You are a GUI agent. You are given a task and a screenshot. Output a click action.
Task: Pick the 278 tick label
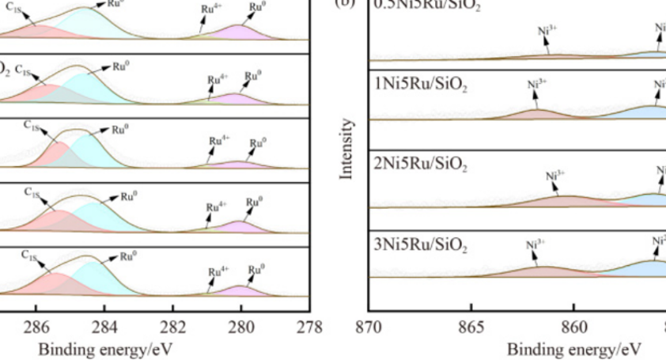(x=310, y=326)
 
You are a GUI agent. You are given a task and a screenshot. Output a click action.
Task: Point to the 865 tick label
(x=471, y=326)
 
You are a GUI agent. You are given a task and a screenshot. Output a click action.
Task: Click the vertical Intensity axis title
(x=346, y=150)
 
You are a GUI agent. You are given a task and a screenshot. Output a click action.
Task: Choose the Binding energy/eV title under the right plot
(x=574, y=348)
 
